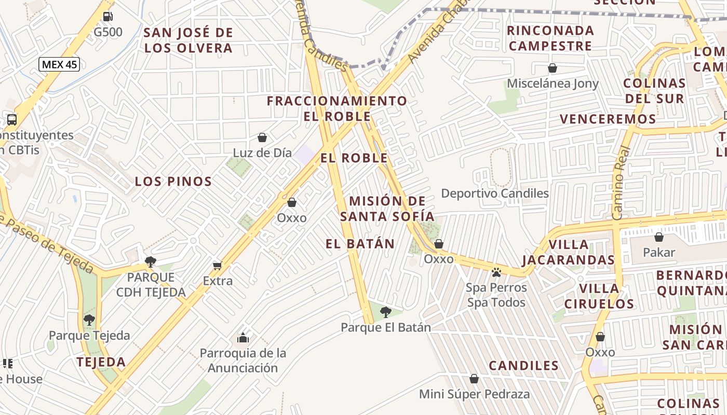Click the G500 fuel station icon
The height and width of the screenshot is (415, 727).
pos(107,16)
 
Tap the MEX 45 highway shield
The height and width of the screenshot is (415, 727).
pos(59,64)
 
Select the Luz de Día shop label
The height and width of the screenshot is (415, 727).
pos(262,153)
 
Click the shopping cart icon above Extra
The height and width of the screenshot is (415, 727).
pos(218,266)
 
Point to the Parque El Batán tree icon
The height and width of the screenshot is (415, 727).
pos(385,312)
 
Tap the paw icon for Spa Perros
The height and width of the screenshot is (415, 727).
pos(496,272)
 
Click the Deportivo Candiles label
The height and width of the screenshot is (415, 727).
pos(494,193)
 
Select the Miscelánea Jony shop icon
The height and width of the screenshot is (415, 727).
pos(553,68)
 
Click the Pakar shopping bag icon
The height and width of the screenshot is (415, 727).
pos(659,237)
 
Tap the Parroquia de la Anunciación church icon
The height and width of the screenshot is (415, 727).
pos(243,338)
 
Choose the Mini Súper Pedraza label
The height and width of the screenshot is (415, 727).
pos(474,394)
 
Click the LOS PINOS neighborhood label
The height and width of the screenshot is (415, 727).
pos(173,182)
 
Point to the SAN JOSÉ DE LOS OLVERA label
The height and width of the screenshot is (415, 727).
pos(188,40)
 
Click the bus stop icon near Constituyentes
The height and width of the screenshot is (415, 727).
pos(11,119)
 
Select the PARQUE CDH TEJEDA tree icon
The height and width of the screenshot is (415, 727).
pos(151,261)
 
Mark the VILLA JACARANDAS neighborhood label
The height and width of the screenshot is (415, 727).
pos(568,252)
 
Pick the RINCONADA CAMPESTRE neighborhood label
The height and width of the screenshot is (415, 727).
pos(550,38)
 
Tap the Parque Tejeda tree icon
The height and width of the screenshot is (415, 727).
pos(89,320)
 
